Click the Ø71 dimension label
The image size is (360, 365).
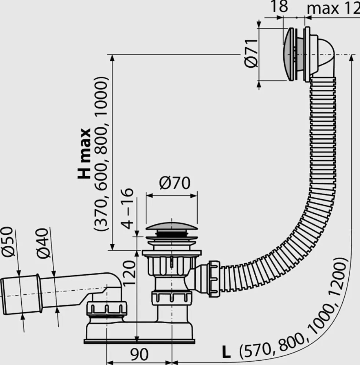[251, 53]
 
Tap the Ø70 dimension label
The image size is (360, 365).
[175, 183]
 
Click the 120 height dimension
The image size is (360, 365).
[129, 273]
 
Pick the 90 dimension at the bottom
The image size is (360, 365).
[139, 354]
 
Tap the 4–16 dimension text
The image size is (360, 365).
[127, 209]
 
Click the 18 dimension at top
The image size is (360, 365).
[279, 6]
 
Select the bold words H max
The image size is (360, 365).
[84, 153]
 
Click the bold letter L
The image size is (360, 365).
[226, 352]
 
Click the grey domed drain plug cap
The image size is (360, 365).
[172, 226]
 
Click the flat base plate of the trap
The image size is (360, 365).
[139, 342]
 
